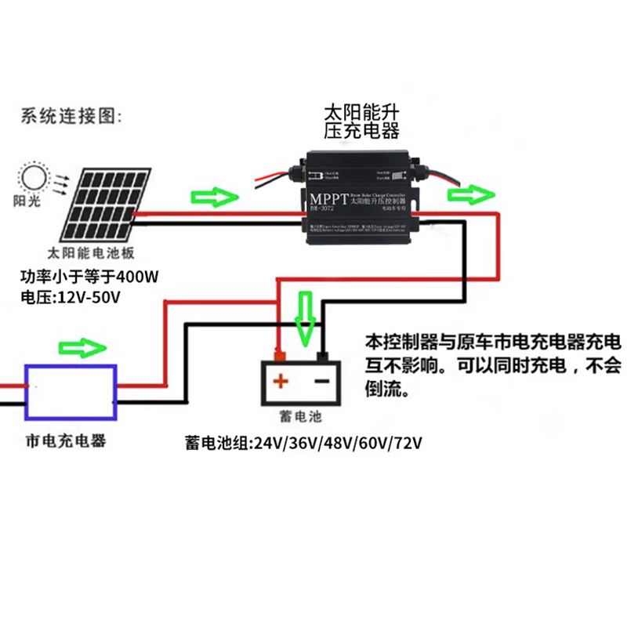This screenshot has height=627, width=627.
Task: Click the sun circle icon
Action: (34, 179)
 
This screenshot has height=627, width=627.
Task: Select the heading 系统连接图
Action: (71, 118)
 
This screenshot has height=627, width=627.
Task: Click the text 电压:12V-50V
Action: (74, 299)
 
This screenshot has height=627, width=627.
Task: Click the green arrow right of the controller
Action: (472, 193)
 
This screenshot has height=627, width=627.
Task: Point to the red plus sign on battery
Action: (281, 382)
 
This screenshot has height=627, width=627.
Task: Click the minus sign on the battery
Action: (321, 382)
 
